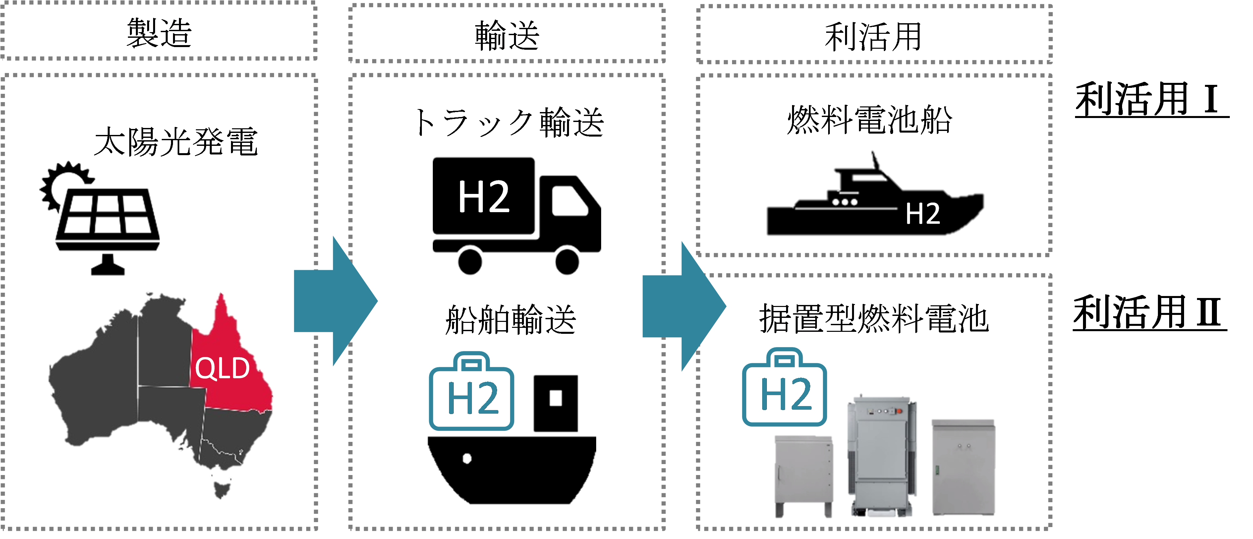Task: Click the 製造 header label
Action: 159,33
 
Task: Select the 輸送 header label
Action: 507,35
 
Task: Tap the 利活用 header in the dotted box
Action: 873,36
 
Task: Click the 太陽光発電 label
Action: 176,142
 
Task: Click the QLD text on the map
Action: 222,368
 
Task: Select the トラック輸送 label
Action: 508,123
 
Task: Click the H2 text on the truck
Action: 484,197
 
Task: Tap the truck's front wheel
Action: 567,261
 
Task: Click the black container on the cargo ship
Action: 555,403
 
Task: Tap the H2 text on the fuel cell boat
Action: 922,213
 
